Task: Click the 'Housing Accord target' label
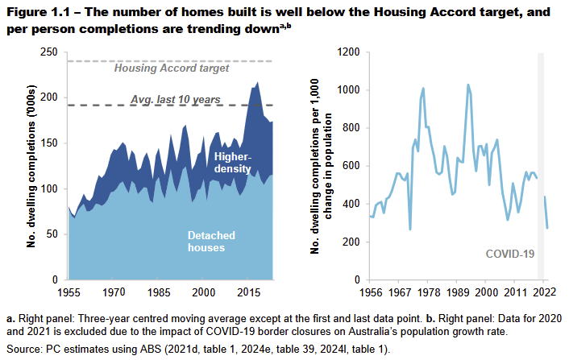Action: pos(171,68)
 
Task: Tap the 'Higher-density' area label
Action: pos(234,162)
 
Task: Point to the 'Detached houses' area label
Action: pos(211,241)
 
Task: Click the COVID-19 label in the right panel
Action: pos(509,253)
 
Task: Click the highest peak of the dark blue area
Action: pos(257,82)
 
